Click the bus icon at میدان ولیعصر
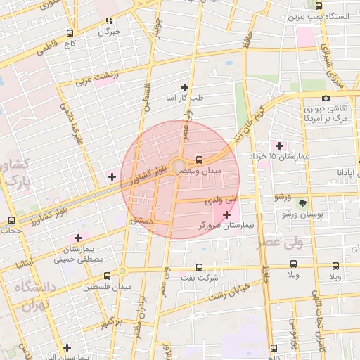click(x=200, y=159)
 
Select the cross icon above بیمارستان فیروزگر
click(x=226, y=214)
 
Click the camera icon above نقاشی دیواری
click(x=325, y=98)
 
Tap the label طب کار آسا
click(x=184, y=98)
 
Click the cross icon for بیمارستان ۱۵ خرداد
click(x=280, y=146)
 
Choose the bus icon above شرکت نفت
click(x=200, y=267)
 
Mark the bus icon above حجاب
click(x=11, y=220)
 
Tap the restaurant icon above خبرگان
click(x=108, y=21)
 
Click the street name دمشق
click(x=141, y=220)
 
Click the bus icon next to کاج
click(x=69, y=33)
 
